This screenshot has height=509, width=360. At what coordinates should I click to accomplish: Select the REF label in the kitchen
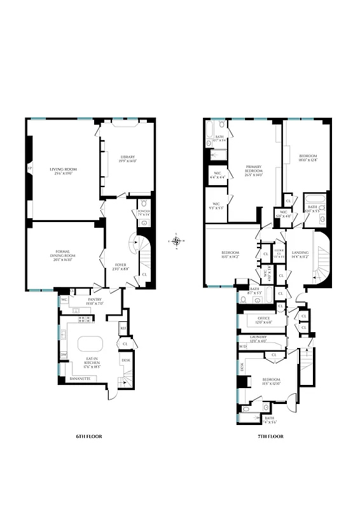coord(123,329)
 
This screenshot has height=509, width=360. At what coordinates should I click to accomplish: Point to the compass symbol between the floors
coord(177,241)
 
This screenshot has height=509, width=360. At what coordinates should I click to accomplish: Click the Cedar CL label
coord(279,253)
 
